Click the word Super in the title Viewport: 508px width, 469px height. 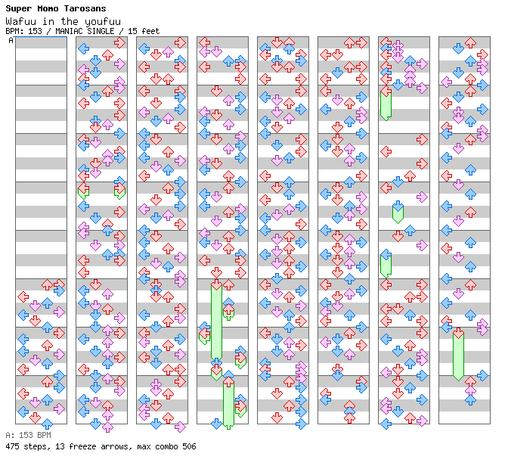coord(19,8)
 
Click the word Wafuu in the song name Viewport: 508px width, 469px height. coord(19,21)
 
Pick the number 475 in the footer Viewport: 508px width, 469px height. coord(12,446)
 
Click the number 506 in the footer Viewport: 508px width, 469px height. coord(189,446)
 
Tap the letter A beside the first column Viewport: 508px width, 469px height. coord(11,41)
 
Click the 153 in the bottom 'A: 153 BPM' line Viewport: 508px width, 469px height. coord(26,436)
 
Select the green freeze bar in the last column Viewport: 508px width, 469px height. coord(458,356)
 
